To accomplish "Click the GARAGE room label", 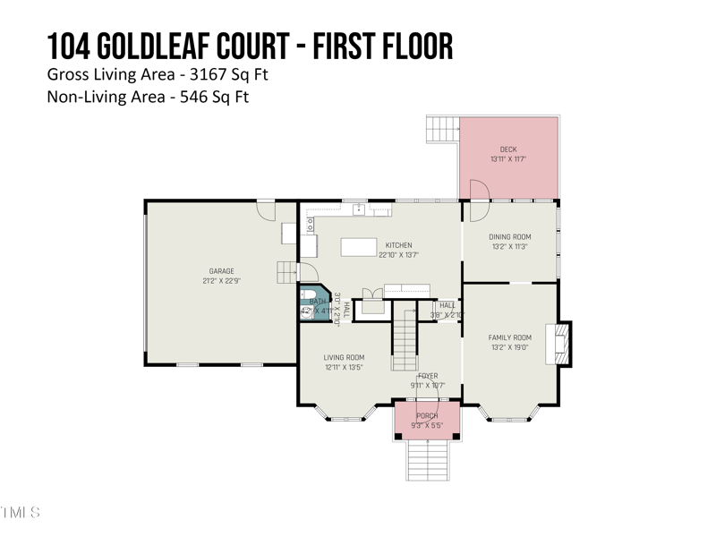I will pos(221,271).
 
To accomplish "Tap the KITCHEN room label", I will pos(398,245).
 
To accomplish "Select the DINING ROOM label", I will pos(510,237).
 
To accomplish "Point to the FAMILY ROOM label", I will pos(510,337).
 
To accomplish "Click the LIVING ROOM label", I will pos(344,357).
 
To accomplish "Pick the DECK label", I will pos(508,149).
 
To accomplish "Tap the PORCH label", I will pos(427,416).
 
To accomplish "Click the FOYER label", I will pos(428,376).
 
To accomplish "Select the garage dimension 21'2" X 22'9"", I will pos(221,281).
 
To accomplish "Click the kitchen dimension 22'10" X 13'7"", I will pos(398,255).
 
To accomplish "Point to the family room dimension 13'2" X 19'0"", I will pos(510,347).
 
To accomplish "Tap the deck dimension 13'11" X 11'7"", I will pos(508,159).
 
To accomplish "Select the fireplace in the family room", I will pos(562,342).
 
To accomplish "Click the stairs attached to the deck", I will pos(441,129).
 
